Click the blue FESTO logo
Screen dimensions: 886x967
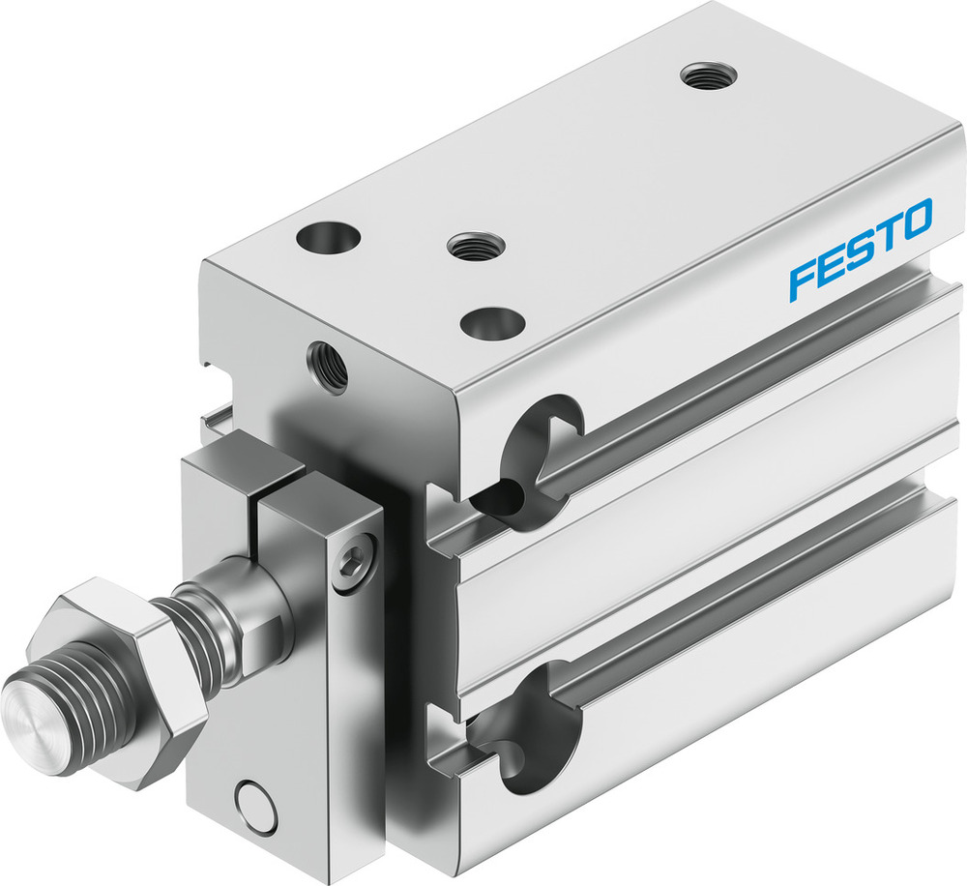click(860, 249)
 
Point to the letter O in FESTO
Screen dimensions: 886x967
click(914, 219)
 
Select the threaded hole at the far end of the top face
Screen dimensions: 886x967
click(703, 75)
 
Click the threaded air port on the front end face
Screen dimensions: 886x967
click(327, 366)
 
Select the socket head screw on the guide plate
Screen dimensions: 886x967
click(357, 560)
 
